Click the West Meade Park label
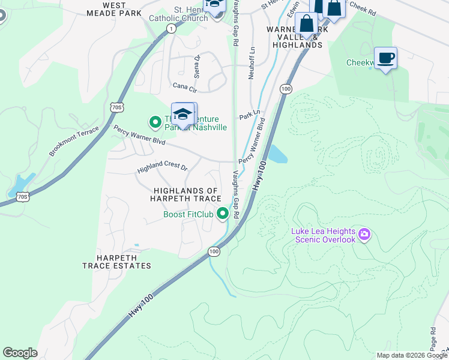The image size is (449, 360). (114, 8)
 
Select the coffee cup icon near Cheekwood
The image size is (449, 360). (385, 58)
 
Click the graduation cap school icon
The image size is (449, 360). (183, 114)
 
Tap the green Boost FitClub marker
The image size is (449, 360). (223, 214)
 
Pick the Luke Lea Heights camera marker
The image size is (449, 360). (364, 233)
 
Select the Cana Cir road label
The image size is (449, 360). (185, 88)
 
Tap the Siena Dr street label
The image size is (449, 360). (196, 65)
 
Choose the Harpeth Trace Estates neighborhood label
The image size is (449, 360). (116, 261)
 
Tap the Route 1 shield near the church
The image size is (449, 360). (172, 29)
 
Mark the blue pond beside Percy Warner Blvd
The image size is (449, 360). (277, 155)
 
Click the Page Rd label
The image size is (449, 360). (433, 339)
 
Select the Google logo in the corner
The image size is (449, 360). (20, 353)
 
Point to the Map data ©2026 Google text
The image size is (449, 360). (411, 355)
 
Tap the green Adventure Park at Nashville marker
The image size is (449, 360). (155, 123)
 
